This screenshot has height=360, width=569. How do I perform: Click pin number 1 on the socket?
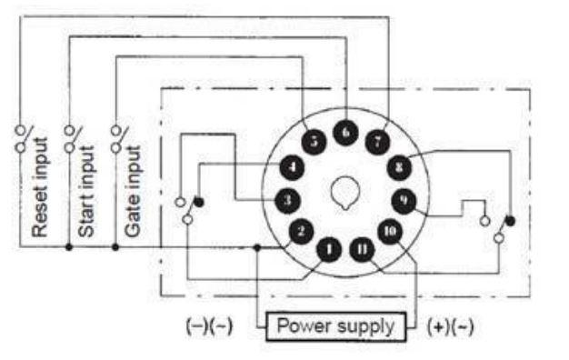[330, 247]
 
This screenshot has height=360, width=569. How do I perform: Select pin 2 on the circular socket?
[301, 231]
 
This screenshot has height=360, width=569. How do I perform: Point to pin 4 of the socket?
[291, 167]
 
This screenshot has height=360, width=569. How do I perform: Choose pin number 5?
[313, 142]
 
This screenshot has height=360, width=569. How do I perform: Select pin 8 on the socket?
[399, 167]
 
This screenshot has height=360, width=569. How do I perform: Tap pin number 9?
[404, 199]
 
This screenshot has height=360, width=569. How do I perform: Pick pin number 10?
[390, 231]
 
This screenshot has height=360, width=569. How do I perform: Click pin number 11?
[361, 247]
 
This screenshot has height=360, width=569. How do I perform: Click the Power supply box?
[335, 325]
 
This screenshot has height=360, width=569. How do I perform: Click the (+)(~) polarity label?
[450, 325]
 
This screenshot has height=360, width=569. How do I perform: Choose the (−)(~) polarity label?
[209, 325]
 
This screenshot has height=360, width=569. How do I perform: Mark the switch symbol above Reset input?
[21, 137]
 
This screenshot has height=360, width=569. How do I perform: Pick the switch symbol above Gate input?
[115, 137]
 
